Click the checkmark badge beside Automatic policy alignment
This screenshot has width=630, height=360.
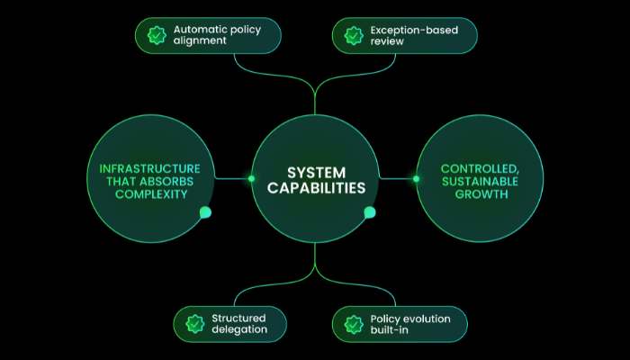pyautogui.click(x=155, y=35)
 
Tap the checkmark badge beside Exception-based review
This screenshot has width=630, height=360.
pyautogui.click(x=352, y=35)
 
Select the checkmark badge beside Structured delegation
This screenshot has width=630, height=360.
pyautogui.click(x=193, y=323)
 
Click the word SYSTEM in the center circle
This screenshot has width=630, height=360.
pyautogui.click(x=315, y=171)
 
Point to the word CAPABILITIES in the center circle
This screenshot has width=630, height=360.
pyautogui.click(x=315, y=189)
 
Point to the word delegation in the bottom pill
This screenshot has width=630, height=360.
pyautogui.click(x=239, y=329)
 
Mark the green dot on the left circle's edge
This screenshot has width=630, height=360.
pyautogui.click(x=205, y=212)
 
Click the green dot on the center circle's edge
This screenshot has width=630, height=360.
pyautogui.click(x=369, y=212)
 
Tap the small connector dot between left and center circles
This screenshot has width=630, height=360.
pyautogui.click(x=251, y=178)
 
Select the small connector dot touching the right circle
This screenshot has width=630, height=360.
pyautogui.click(x=416, y=178)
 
